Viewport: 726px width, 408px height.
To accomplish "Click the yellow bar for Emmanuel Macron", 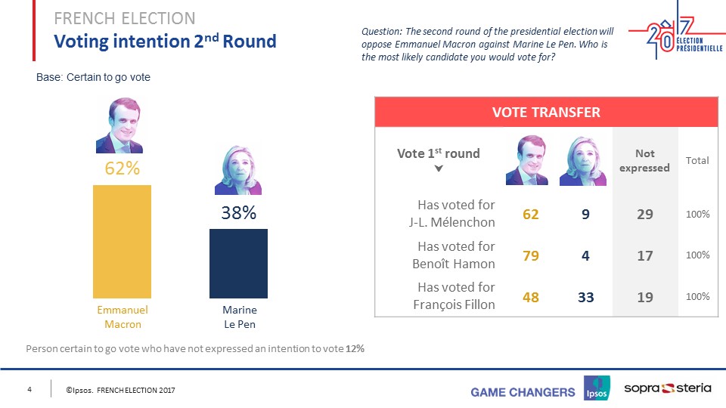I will click(122, 241).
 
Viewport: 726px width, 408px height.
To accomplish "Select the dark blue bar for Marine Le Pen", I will click(238, 263).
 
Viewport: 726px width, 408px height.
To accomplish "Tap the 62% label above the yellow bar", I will click(122, 168).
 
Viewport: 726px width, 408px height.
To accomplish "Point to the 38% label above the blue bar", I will click(238, 214).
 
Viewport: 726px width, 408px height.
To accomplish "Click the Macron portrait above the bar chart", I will click(122, 126).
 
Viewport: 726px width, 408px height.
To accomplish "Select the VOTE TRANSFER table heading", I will click(546, 113).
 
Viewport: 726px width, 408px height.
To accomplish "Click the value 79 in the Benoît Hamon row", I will click(531, 255).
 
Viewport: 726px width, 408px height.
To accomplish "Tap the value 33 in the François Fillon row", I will click(585, 297).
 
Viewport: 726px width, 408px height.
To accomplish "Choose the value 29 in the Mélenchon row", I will click(644, 215).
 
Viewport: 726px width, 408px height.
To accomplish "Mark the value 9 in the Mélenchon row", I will click(585, 215).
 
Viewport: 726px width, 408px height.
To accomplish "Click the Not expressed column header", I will click(644, 161).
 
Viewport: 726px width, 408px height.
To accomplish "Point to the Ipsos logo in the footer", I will click(597, 389).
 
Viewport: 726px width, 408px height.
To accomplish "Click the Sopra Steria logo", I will click(667, 388).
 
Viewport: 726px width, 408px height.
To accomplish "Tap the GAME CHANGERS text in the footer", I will click(523, 391).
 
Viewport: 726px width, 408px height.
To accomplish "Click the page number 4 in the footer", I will click(29, 389).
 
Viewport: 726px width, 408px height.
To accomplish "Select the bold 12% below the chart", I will click(356, 349).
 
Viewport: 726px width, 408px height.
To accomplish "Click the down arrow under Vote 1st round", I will click(438, 167).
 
